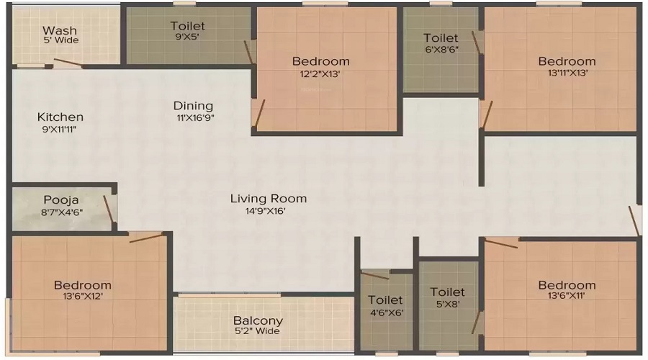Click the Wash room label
pos(60,30)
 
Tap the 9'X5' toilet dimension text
pos(187,37)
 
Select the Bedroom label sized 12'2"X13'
pos(320,61)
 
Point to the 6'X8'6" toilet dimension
pos(441,50)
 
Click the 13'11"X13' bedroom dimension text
pos(567,73)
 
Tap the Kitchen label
pos(60,117)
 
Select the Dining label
pos(193,105)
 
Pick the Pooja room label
pos(60,199)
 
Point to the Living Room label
pos(269,198)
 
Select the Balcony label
pos(258,320)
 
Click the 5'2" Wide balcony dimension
pos(258,332)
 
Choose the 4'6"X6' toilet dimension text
pos(386,312)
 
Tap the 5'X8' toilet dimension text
pos(447,304)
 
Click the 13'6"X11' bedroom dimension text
pos(567,297)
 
